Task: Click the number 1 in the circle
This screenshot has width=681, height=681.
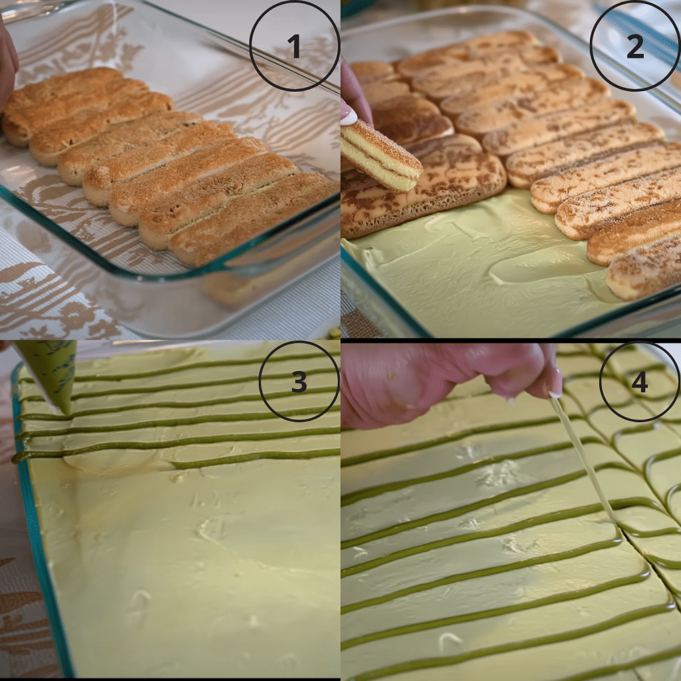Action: [294, 47]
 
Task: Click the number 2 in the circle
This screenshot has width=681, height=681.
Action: [634, 47]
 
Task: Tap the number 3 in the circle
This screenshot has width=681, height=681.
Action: [299, 382]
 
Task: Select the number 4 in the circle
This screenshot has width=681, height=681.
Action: [639, 383]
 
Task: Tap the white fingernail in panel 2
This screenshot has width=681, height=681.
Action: [349, 117]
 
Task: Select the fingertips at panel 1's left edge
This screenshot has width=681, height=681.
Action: [7, 67]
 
